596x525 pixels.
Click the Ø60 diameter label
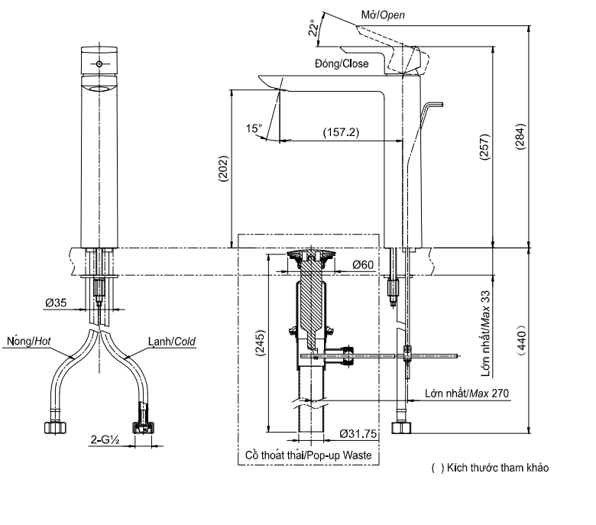363,265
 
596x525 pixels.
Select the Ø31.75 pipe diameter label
357,435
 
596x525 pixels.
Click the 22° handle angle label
312,28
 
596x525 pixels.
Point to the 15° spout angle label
254,128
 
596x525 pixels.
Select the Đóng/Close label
342,64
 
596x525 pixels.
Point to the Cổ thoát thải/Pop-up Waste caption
308,455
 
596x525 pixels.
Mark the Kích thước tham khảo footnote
490,467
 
